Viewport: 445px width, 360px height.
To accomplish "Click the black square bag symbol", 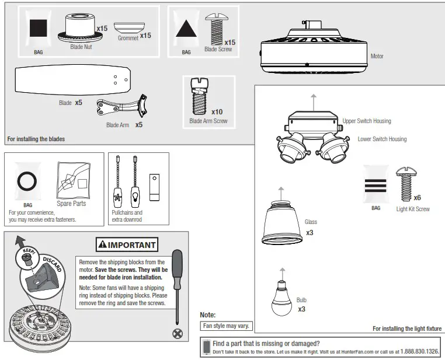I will [39, 29].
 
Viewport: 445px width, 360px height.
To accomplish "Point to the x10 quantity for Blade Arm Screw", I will [217, 111].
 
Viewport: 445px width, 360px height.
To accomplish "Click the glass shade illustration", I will [283, 225].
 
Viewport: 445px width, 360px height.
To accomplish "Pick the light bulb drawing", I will [283, 295].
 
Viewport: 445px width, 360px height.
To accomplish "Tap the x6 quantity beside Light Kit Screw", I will [417, 198].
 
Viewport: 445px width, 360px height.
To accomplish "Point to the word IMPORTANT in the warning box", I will [131, 244].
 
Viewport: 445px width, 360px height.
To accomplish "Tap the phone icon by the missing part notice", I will [206, 347].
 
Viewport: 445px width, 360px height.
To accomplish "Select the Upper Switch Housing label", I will [367, 121].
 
